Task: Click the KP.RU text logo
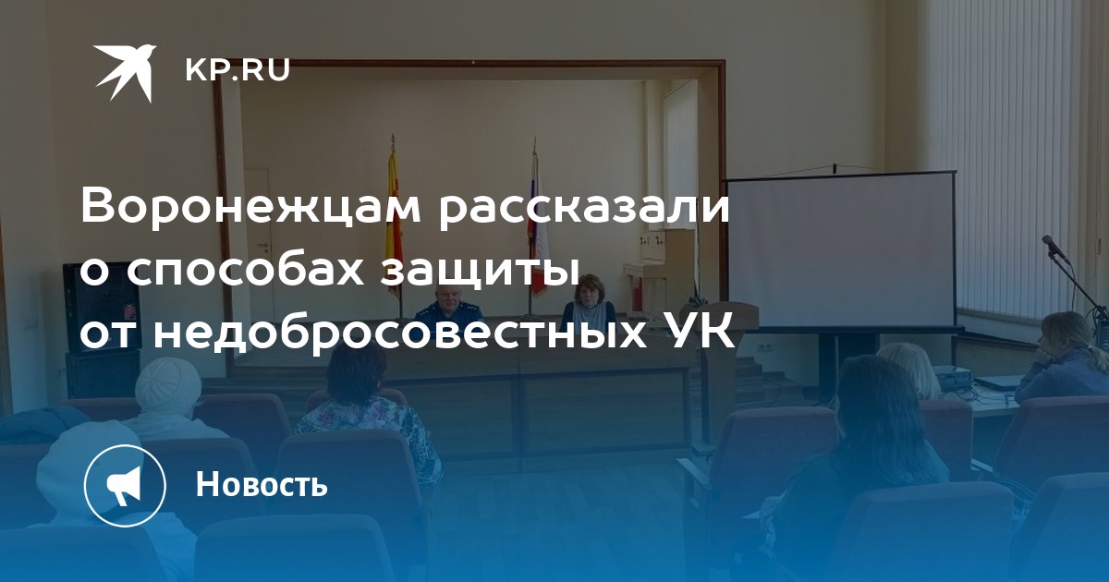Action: [x=238, y=70]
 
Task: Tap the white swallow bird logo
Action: [x=126, y=73]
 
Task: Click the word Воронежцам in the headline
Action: [x=251, y=210]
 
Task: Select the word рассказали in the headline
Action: [x=584, y=210]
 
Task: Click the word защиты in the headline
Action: [x=481, y=274]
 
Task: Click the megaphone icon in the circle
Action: [x=124, y=485]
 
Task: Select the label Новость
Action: [x=262, y=483]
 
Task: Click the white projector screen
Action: [x=841, y=250]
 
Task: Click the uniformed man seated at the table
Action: [x=441, y=306]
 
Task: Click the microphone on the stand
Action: [x=1054, y=248]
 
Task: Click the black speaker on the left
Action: [x=101, y=308]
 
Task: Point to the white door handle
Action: [x=263, y=245]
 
